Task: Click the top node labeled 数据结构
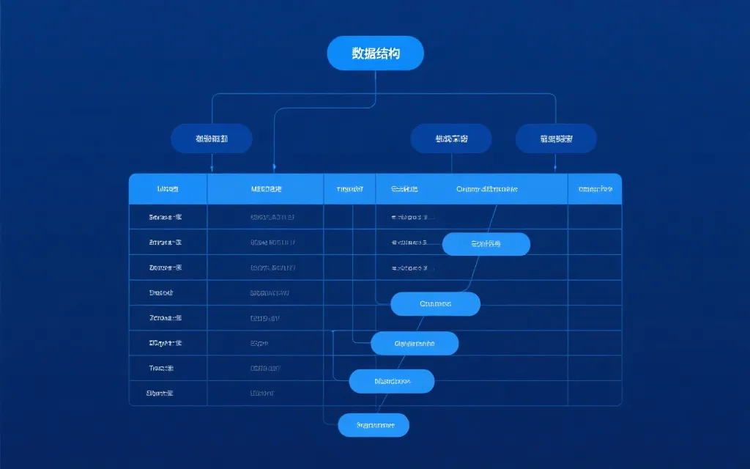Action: (x=375, y=53)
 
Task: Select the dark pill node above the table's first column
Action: (x=211, y=138)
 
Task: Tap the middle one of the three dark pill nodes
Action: (x=450, y=138)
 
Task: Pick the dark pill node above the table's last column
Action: (x=556, y=138)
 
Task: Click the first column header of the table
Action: (x=168, y=189)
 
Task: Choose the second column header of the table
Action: (x=265, y=189)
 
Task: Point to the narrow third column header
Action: (x=349, y=189)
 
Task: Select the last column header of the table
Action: (x=595, y=189)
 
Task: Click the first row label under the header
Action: (x=166, y=217)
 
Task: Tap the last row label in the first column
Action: (x=160, y=393)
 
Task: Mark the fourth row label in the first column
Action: (x=161, y=292)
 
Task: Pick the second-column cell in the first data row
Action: (x=272, y=217)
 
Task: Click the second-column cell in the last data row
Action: (x=261, y=393)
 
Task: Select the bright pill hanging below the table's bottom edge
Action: (x=374, y=425)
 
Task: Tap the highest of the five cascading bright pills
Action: (x=486, y=244)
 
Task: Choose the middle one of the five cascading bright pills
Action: (x=415, y=343)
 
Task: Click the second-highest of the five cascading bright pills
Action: (x=435, y=303)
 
